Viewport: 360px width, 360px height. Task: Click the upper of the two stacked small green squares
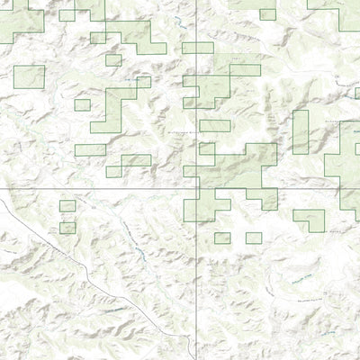[67, 206]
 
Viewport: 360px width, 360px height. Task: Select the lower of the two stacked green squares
[67, 228]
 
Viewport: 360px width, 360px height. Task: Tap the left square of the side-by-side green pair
[222, 238]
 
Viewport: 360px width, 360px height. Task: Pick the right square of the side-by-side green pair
[254, 238]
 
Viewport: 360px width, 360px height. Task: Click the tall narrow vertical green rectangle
[300, 131]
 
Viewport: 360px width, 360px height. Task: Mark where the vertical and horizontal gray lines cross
[197, 190]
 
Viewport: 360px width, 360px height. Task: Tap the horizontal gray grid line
[99, 190]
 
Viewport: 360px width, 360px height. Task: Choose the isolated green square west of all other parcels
[29, 76]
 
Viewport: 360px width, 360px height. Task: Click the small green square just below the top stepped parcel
[113, 59]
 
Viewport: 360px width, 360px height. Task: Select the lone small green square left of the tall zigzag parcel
[82, 104]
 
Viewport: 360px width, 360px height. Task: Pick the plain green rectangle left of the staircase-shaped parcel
[90, 149]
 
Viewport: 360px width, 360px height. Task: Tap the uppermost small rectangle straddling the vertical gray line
[197, 47]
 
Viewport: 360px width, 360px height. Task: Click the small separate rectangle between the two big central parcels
[214, 126]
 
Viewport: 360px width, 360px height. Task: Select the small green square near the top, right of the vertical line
[267, 14]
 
